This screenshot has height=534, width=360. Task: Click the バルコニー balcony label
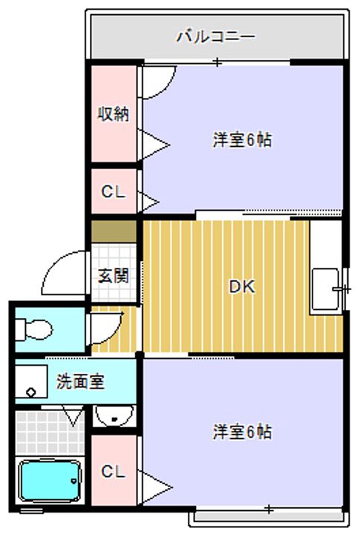(x=215, y=36)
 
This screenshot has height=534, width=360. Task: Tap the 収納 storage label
(x=114, y=113)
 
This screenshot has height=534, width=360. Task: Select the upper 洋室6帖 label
(x=243, y=139)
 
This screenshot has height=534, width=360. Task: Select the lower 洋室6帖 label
(x=243, y=432)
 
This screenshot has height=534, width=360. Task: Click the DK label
(x=242, y=287)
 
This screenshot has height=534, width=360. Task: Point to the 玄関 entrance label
(x=114, y=275)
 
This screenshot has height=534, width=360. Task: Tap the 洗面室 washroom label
(x=80, y=381)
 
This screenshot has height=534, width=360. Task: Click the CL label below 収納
(x=114, y=192)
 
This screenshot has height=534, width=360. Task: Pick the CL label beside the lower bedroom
(x=114, y=472)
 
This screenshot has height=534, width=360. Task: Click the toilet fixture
(x=33, y=329)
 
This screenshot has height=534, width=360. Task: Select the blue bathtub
(x=50, y=481)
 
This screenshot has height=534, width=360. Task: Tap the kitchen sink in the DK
(x=327, y=289)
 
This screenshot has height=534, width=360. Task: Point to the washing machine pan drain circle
(x=30, y=392)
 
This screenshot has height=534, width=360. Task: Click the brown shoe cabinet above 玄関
(x=114, y=231)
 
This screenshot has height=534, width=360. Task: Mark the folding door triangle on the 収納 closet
(x=154, y=145)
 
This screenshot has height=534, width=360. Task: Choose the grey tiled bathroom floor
(x=50, y=433)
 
